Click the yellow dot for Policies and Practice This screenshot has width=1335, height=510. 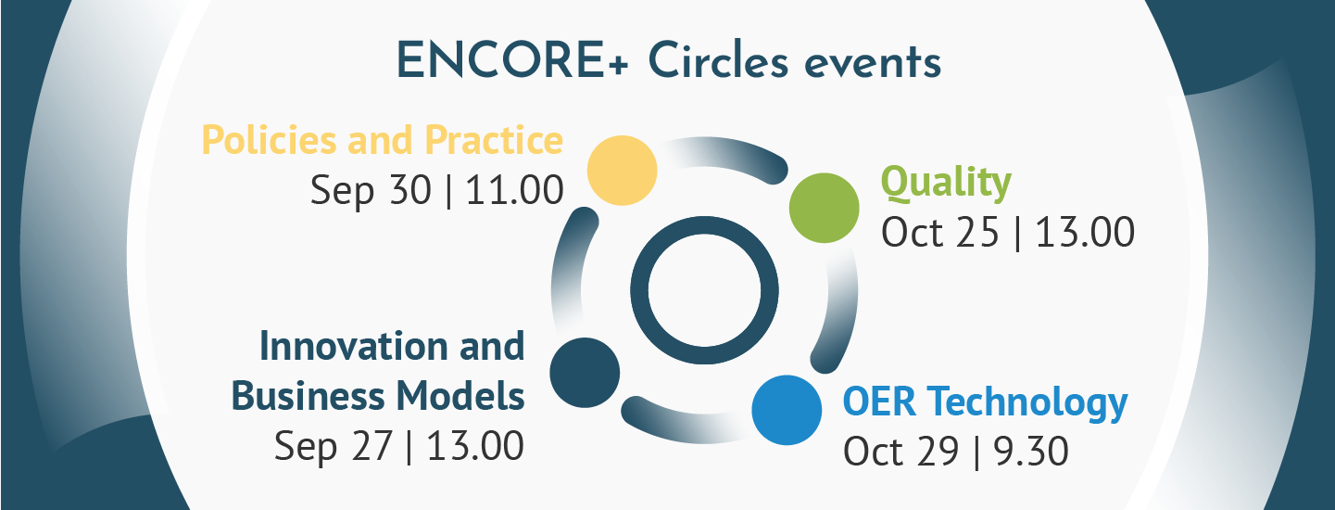click(623, 171)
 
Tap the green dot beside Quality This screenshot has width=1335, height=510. click(825, 208)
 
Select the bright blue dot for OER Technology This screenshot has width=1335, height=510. click(787, 410)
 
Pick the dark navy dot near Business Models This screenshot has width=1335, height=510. click(585, 373)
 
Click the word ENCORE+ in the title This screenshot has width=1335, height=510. click(512, 61)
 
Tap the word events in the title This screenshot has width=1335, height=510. click(873, 64)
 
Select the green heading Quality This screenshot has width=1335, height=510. click(946, 183)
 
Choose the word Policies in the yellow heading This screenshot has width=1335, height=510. click(270, 140)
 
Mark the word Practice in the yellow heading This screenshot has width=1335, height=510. click(494, 140)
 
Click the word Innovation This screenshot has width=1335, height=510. click(353, 346)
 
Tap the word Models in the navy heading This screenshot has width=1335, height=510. click(460, 395)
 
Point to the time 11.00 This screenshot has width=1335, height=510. click(514, 190)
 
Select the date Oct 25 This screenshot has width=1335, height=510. click(939, 232)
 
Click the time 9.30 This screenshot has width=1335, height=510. click(1030, 452)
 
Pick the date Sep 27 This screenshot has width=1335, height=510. click(334, 446)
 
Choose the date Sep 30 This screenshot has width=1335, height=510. click(371, 191)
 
